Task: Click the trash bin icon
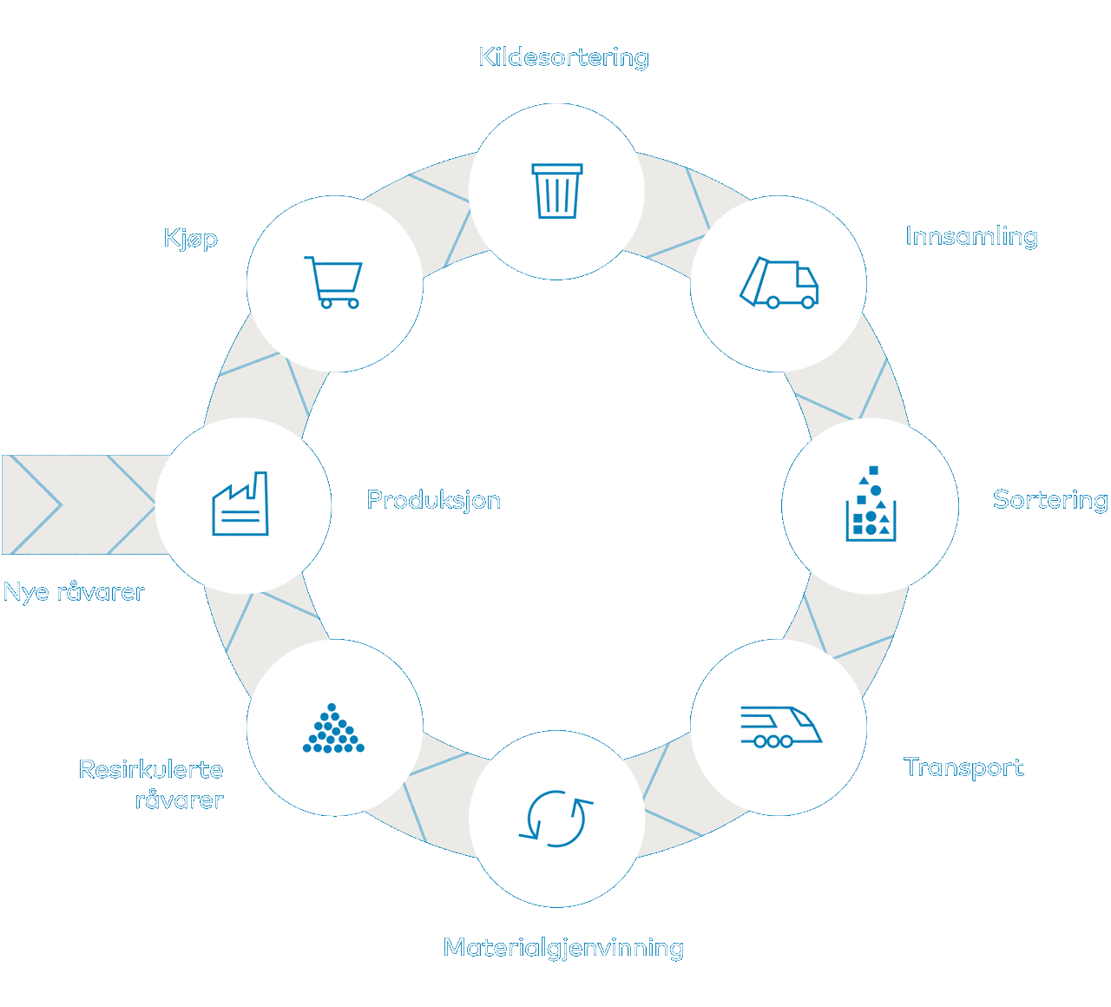(x=556, y=191)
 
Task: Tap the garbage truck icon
(x=779, y=282)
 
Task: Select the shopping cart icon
(x=332, y=282)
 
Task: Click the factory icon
(x=240, y=503)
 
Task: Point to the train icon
(x=781, y=727)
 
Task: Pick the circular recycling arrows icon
(x=556, y=818)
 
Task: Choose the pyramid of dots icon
(x=332, y=727)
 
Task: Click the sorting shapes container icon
(x=871, y=503)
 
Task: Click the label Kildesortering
(x=564, y=58)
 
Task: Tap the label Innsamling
(x=971, y=236)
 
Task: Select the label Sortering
(x=1050, y=500)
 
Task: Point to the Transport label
(x=963, y=767)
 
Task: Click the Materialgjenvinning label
(x=564, y=948)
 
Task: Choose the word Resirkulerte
(x=151, y=769)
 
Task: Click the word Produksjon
(x=434, y=500)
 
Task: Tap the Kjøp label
(x=191, y=239)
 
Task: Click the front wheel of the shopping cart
(x=352, y=304)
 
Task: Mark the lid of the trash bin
(x=556, y=169)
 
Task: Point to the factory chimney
(x=260, y=486)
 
